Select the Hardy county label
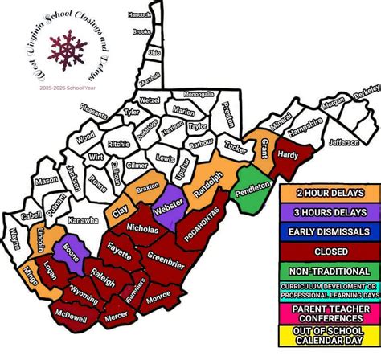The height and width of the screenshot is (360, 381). coord(286,154)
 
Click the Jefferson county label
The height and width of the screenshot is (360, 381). coord(343,143)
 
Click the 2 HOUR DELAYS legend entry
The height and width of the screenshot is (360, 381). coord(330,193)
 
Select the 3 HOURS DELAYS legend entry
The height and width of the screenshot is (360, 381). coord(330,212)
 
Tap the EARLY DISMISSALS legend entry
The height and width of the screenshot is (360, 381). coord(330,231)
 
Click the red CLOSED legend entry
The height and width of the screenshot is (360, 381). coord(330,251)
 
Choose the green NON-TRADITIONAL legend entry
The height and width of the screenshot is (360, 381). coord(330,270)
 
